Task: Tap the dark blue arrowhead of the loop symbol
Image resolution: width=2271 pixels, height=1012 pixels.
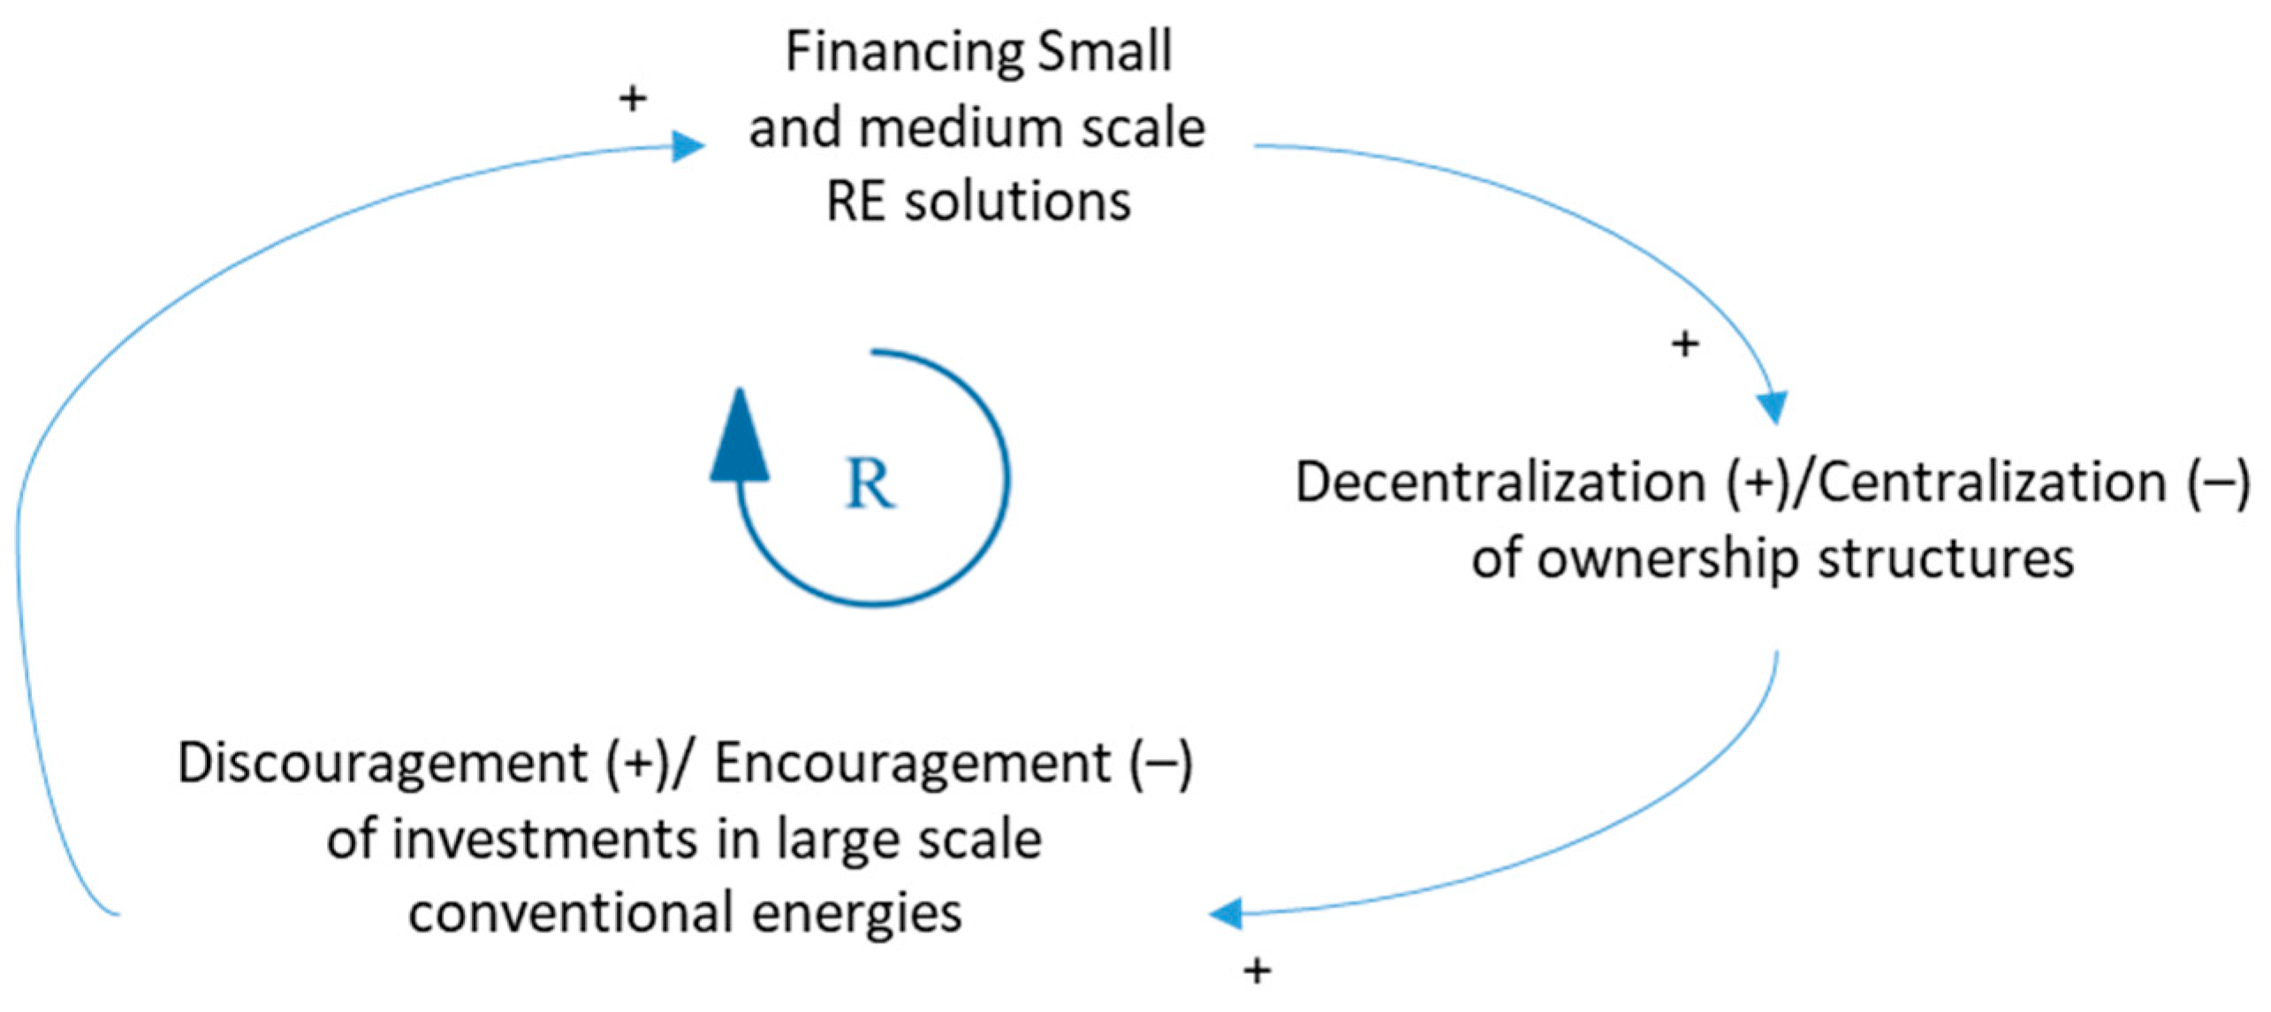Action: point(740,438)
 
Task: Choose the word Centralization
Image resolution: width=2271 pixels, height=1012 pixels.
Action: point(1993,483)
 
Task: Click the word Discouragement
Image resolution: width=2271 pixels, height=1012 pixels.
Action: point(382,762)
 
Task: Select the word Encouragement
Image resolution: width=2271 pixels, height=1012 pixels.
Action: point(912,762)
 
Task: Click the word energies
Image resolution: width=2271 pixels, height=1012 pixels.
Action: point(857,912)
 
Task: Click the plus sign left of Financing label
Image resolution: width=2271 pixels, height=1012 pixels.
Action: point(632,98)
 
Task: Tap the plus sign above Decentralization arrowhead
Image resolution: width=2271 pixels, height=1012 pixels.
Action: point(1685,343)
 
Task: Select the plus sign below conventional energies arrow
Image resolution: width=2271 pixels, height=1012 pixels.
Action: point(1257,971)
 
